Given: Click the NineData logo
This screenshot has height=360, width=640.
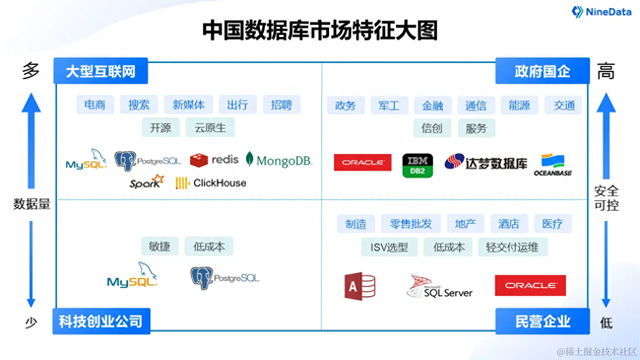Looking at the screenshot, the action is click(x=601, y=12).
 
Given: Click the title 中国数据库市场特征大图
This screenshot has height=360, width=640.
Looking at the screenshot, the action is click(x=320, y=30).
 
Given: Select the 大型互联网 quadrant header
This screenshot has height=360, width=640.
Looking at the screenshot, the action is click(x=101, y=71).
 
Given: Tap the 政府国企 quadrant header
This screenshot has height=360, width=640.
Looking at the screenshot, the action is click(x=542, y=71).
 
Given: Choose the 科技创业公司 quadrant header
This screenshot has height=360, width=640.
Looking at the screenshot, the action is click(x=101, y=321).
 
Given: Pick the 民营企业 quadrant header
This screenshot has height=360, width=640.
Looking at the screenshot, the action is click(x=542, y=321).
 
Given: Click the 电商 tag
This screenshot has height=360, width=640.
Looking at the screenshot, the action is click(x=95, y=105).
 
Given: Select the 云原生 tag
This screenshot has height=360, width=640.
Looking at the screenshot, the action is click(x=210, y=127).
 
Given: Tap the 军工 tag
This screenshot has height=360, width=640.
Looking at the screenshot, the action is click(x=388, y=105).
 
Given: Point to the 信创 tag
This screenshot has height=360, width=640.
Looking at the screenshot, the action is click(x=432, y=128).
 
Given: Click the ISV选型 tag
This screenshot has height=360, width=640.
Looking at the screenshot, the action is click(x=389, y=247).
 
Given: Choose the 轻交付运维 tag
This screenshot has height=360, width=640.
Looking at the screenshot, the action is click(x=512, y=247).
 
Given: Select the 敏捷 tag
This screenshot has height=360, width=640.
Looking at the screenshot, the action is click(x=159, y=246).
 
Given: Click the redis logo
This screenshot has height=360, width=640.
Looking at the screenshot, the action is click(x=214, y=159).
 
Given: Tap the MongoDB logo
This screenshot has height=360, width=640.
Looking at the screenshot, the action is click(x=279, y=159).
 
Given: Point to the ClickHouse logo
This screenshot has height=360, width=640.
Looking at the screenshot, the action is click(x=211, y=183).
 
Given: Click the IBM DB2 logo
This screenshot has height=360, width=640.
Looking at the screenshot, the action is click(x=417, y=165).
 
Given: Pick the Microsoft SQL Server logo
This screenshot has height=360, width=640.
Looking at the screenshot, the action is click(x=439, y=286).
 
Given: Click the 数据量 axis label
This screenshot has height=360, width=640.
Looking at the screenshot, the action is click(x=31, y=204).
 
